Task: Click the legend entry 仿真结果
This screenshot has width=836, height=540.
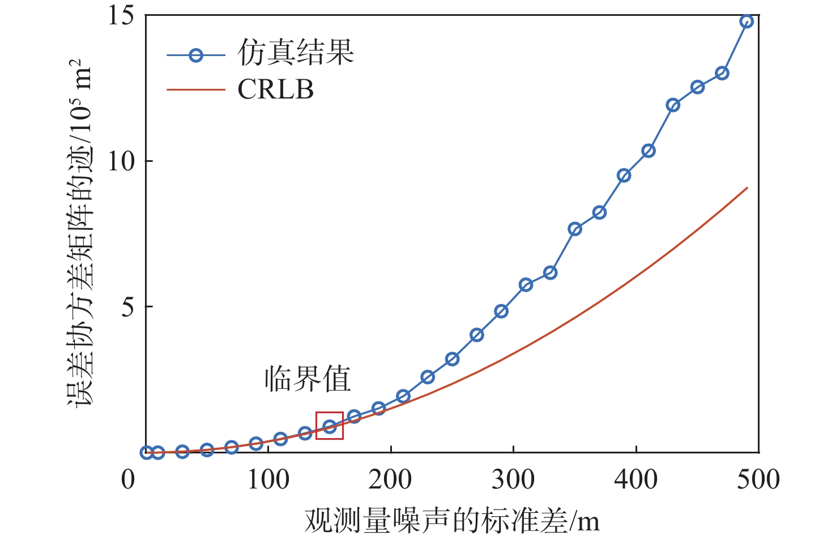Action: pos(296,53)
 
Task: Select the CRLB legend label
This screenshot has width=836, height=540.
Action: pos(275,89)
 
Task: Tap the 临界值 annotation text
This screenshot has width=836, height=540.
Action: pos(308,379)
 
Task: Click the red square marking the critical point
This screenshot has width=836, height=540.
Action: pos(330,426)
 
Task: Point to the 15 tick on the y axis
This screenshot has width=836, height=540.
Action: pos(121,15)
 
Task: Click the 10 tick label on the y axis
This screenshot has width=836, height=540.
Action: pos(121,161)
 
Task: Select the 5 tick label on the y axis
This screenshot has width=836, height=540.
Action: pos(128,307)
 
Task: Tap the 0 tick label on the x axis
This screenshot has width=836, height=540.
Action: pos(129,479)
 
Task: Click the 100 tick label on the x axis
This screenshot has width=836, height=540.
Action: pos(268,479)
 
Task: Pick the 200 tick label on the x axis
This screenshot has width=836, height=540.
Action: pos(390,479)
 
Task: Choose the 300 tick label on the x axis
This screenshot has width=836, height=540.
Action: pos(513,479)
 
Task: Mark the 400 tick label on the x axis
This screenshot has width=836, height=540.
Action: pos(636,479)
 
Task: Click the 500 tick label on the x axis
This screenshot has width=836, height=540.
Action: pos(758,479)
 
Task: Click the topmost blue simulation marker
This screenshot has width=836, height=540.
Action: pos(747,22)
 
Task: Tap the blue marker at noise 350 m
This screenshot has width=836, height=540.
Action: pos(575,229)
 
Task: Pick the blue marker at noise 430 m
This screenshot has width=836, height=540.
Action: pos(673,105)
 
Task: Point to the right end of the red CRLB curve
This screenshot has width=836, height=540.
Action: pos(747,188)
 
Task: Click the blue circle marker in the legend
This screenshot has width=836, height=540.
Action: pos(196,55)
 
